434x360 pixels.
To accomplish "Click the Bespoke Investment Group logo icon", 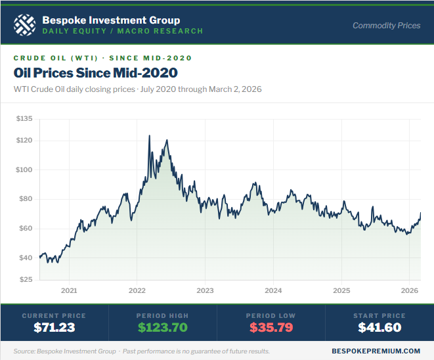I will point(24,26).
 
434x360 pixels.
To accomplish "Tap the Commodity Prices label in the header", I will point(386,26).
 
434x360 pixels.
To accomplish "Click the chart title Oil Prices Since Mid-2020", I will point(95,72).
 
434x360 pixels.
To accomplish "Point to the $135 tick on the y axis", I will point(24,119).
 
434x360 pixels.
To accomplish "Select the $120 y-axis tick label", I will point(24,141).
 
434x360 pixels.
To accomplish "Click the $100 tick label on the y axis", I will point(24,169).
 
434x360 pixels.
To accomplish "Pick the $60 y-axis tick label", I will point(26,229).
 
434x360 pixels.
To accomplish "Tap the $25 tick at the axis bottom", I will point(26,280).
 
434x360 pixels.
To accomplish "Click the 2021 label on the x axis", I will point(69,290).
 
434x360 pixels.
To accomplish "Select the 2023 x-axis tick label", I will point(205,290).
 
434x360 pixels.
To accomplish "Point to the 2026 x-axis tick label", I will point(410,290).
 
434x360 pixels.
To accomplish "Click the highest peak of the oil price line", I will point(149,136).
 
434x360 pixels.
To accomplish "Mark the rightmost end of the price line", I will point(420,213).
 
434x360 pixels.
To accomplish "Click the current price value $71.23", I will point(54,327).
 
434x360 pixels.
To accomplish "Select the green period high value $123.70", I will point(163,327).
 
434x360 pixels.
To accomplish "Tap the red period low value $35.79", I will point(271,327).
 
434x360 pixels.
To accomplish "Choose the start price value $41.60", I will point(380,327).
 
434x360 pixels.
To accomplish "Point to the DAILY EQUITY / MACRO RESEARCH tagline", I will point(122,31).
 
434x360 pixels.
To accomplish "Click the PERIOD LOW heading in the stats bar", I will point(271,315).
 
